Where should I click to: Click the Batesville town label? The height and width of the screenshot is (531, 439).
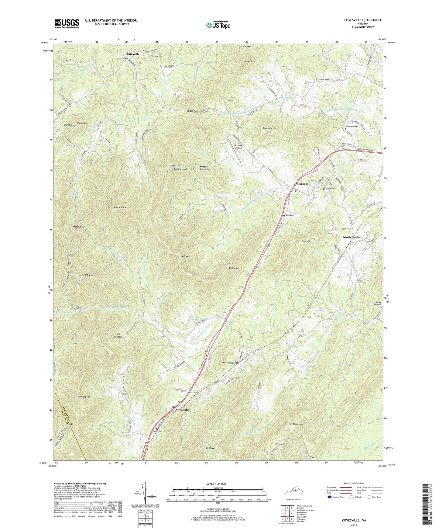click(x=133, y=54)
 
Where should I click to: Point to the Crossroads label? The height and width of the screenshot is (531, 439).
click(x=301, y=184)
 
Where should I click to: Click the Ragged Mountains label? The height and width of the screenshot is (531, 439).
click(x=205, y=168)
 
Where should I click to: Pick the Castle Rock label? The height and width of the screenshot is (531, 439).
click(x=120, y=207)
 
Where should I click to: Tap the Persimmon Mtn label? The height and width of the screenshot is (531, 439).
click(x=231, y=363)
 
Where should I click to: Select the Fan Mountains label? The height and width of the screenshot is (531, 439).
click(x=296, y=424)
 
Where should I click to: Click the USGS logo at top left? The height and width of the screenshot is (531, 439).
click(x=67, y=23)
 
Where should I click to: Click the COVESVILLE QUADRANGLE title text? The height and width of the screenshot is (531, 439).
click(x=363, y=20)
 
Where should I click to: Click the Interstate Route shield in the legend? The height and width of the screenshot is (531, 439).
click(x=329, y=497)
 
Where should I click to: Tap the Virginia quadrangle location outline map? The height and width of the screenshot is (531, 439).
click(x=293, y=490)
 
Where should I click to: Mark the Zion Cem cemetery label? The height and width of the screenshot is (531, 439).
click(x=290, y=215)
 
